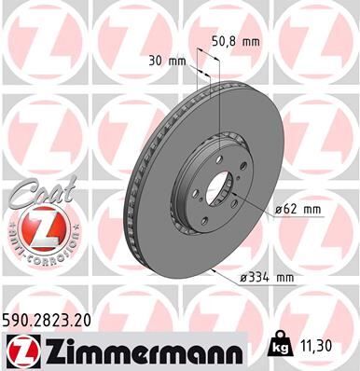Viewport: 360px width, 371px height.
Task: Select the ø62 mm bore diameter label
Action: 298,211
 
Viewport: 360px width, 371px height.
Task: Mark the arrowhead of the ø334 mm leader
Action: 215,270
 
